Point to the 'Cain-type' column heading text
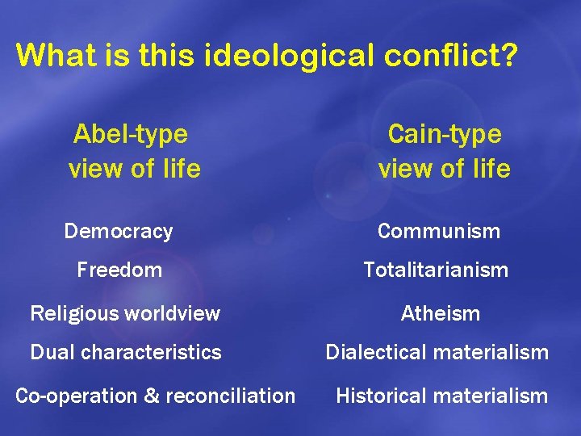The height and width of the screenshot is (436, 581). click(444, 133)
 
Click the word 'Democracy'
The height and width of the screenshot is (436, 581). click(119, 232)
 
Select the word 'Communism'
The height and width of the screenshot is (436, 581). click(439, 232)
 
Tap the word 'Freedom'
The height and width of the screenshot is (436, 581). click(119, 270)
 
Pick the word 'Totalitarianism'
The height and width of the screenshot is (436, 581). click(436, 270)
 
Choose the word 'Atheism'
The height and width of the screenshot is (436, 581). click(441, 313)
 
